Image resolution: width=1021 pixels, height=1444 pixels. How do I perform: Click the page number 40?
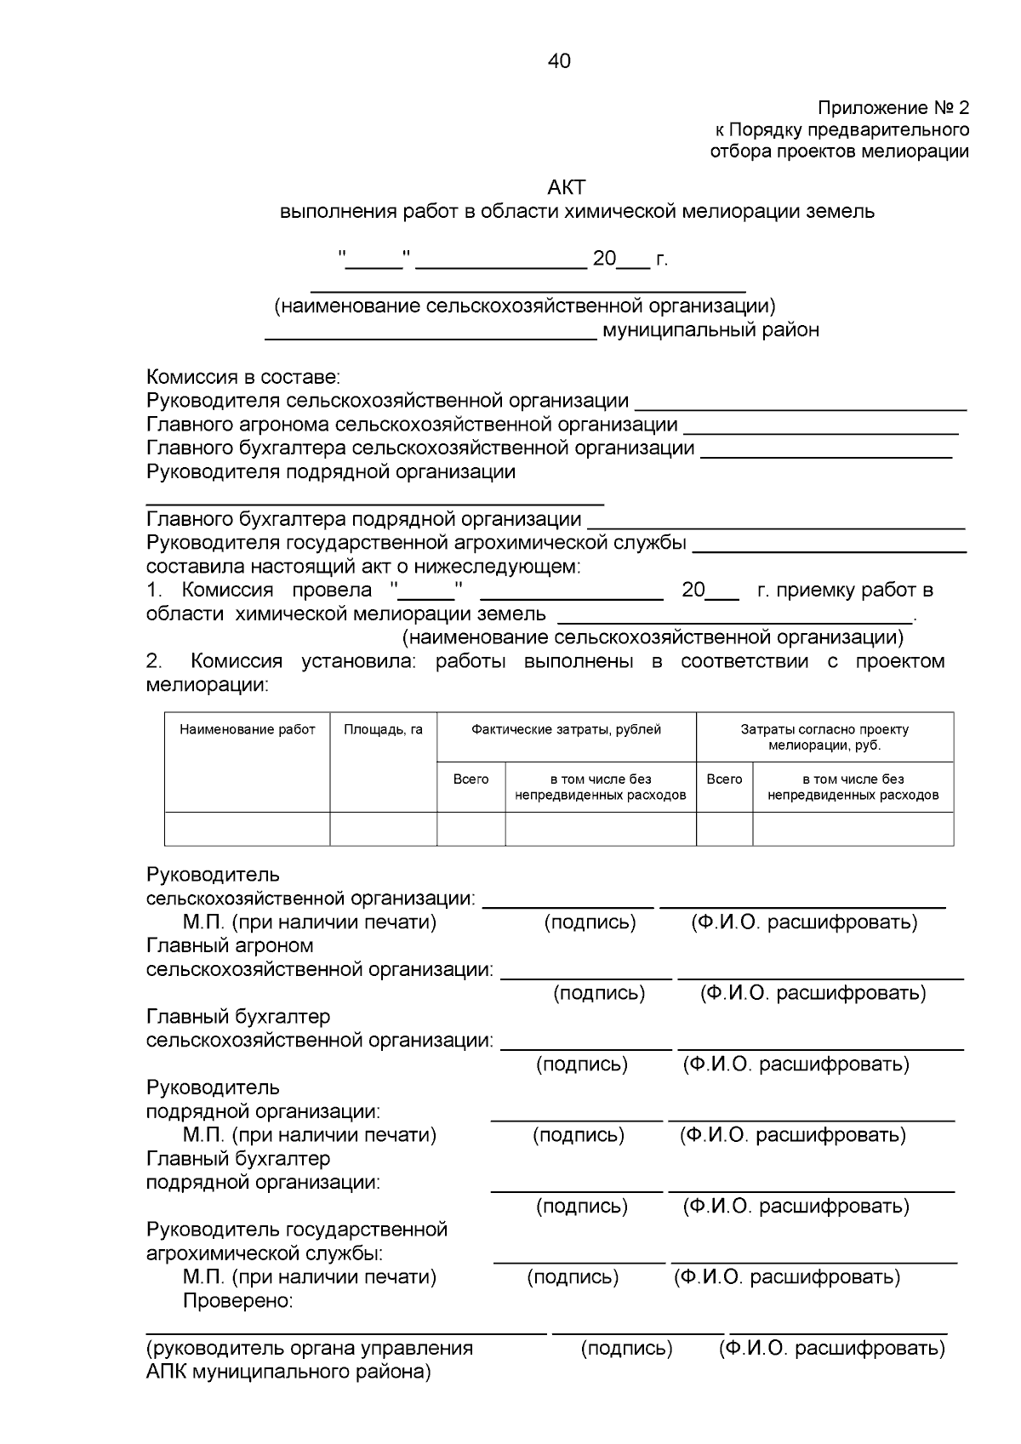point(560,61)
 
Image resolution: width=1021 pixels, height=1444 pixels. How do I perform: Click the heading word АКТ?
point(567,187)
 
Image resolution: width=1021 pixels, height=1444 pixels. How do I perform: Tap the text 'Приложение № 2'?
point(893,108)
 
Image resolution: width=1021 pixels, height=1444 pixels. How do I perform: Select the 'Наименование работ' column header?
point(247,729)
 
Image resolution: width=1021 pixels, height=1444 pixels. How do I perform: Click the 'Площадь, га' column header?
point(383,729)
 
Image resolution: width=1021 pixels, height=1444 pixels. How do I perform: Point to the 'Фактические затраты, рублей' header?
point(566,729)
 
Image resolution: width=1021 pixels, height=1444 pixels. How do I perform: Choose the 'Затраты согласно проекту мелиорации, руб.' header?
point(824,737)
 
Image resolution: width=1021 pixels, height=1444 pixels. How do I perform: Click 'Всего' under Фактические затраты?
point(471,779)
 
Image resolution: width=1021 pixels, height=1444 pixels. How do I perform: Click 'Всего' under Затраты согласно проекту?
point(724,779)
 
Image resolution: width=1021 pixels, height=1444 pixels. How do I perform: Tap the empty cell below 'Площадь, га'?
point(383,829)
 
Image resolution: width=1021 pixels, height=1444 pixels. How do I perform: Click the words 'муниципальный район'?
point(710,330)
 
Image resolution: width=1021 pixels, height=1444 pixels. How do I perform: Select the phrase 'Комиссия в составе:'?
point(243,377)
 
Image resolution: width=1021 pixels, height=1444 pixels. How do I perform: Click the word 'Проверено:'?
point(238,1301)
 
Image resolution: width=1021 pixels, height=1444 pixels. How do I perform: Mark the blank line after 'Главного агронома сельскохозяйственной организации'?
point(821,432)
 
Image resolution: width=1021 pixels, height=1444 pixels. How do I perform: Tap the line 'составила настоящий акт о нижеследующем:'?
point(363,567)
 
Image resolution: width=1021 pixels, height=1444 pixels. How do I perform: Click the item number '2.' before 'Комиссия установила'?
point(154,661)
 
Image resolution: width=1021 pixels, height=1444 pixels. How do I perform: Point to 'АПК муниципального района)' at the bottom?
point(288,1372)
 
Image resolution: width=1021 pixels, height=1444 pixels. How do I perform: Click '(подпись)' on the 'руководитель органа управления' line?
point(626,1348)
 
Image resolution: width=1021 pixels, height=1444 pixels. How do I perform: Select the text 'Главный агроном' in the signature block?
point(230,945)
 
